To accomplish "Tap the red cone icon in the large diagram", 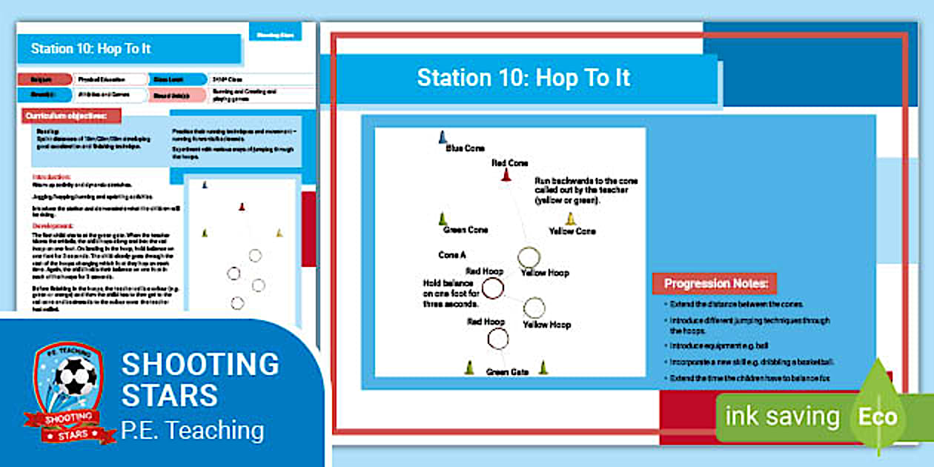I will pos(506,175).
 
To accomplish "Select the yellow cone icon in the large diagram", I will pos(571,219).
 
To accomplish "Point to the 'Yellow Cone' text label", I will pos(572,231).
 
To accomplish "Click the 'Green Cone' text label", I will pos(466,230).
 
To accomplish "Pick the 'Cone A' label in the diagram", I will pos(451,255).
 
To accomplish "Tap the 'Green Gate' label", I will pos(507,371).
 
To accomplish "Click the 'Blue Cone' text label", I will pos(465,148).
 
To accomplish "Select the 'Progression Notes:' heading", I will pos(715,283).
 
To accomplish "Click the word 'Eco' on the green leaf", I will pos(878,417).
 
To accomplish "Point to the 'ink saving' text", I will pos(782,417).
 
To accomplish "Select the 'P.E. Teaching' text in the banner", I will pos(192,430).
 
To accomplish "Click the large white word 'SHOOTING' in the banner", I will pos(200,364).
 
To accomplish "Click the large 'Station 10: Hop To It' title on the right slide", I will pos(523,78).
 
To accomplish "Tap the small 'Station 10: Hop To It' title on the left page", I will pos(91,49).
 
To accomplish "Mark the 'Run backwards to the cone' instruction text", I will pos(585,191).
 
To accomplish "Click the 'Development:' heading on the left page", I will pos(53,226).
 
